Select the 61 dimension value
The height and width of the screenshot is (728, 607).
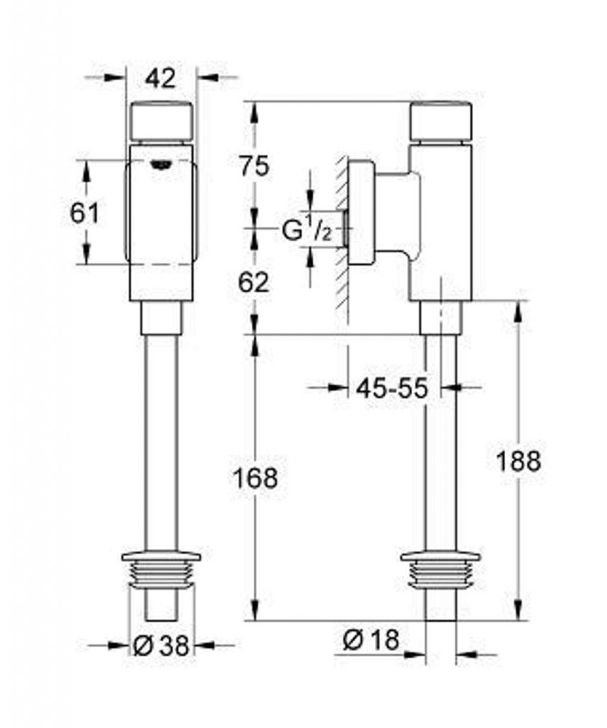point(85,213)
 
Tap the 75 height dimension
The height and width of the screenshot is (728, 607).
point(254,166)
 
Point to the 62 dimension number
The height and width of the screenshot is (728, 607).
point(254,282)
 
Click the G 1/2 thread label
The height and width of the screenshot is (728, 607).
point(307,229)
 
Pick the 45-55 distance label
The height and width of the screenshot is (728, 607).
point(391,388)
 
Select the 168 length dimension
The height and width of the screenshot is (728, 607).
point(255,478)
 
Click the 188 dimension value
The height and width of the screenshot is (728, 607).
point(518,461)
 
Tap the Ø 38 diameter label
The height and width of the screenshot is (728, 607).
point(162,646)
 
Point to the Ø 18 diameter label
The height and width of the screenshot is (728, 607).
point(371,641)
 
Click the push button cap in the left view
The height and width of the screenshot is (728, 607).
point(161,120)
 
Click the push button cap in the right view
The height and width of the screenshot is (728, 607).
point(441,120)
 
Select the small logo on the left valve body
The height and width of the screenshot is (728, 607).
point(161,165)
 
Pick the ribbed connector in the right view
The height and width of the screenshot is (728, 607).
point(440,572)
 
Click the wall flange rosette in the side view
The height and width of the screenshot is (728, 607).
point(361,213)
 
